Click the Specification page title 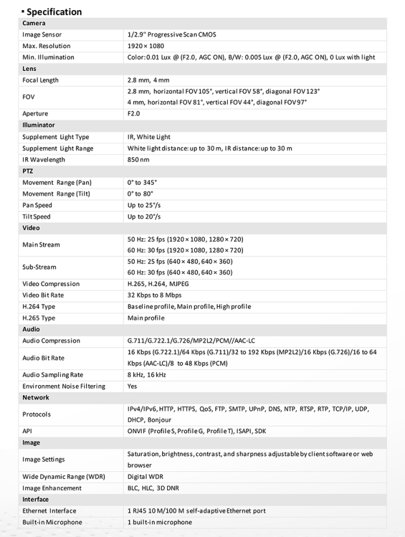click(54, 11)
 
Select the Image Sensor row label click(42, 34)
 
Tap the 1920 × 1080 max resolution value click(147, 46)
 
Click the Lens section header click(29, 68)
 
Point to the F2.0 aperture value click(134, 114)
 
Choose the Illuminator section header click(39, 125)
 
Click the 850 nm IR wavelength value click(139, 160)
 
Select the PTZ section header click(28, 171)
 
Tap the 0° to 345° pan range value click(142, 182)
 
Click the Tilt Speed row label click(36, 217)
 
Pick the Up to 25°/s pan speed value click(144, 205)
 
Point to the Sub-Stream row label click(39, 267)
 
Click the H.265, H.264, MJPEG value click(158, 284)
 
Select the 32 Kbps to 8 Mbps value click(154, 295)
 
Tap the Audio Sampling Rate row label click(53, 375)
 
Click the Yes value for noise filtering click(132, 386)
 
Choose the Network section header click(35, 398)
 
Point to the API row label click(27, 431)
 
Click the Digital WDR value click(146, 477)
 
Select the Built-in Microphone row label click(52, 522)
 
